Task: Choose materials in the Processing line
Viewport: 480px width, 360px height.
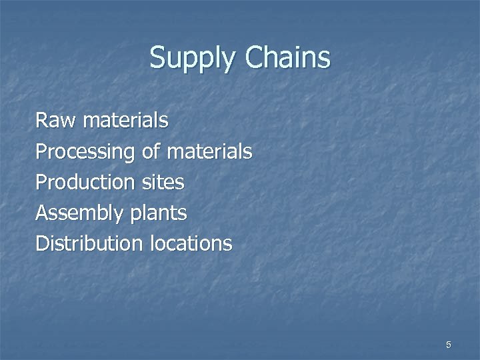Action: click(210, 152)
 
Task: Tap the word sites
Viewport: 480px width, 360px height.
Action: click(161, 183)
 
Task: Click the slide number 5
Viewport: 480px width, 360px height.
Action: click(449, 345)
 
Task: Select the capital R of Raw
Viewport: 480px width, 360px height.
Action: click(41, 121)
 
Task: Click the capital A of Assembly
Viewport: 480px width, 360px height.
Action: click(42, 213)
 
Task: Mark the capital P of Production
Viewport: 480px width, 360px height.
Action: click(41, 183)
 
